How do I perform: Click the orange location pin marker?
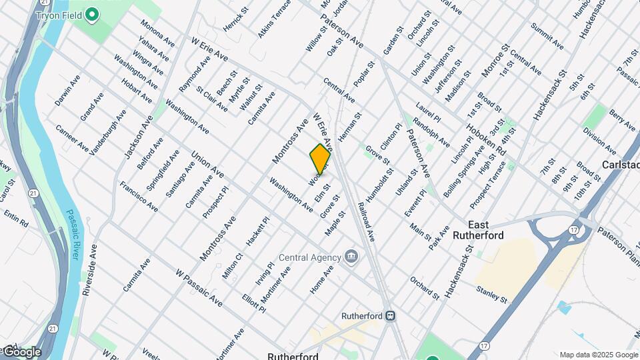coord(320,159)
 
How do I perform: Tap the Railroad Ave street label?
coord(366,221)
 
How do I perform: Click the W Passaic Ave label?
coord(199,288)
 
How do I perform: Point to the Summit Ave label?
coord(547,37)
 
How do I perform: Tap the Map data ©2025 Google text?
coord(598,355)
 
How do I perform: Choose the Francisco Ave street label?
coord(139,196)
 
